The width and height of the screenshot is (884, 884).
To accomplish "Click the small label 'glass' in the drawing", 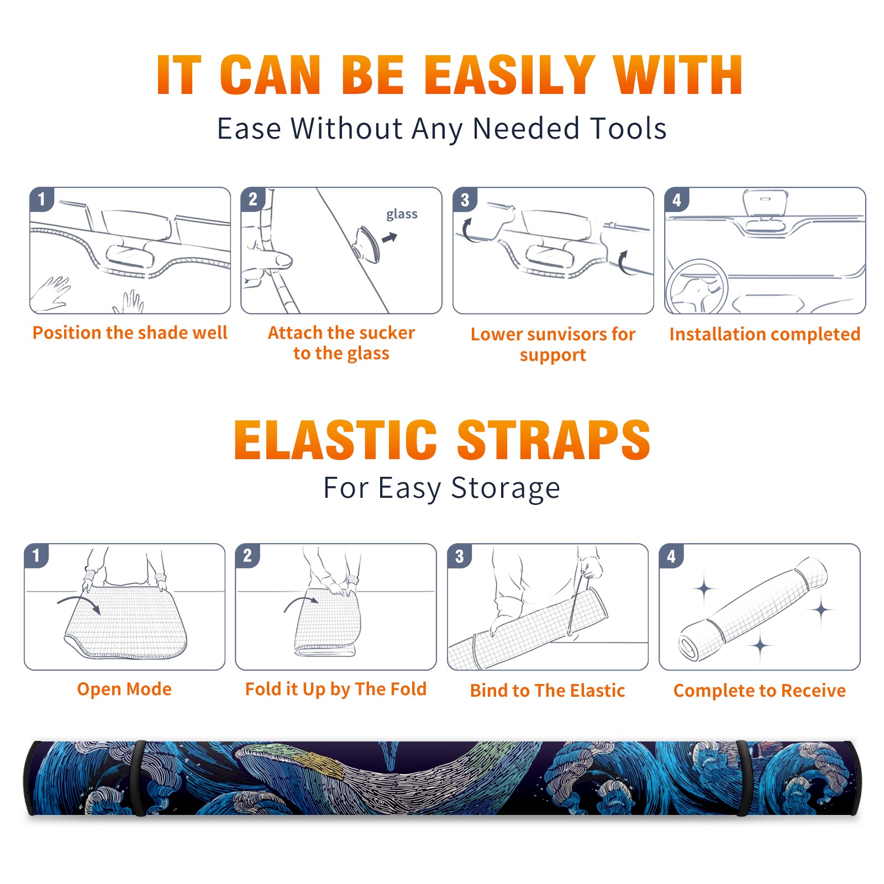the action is point(402,214).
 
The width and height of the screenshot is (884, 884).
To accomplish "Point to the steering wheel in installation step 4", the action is point(697,287).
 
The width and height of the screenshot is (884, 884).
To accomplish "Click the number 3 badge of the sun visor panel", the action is point(465,199).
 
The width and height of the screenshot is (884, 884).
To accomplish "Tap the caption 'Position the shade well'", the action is point(130,333).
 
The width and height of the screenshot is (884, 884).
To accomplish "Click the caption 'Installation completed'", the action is point(765,334).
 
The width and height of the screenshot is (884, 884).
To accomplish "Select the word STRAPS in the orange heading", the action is point(554,440).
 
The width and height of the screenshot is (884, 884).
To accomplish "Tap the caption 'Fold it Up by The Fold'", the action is point(336,689).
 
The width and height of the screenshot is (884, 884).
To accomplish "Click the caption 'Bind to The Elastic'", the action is point(548,691).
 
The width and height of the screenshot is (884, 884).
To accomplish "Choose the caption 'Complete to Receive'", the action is point(760,691).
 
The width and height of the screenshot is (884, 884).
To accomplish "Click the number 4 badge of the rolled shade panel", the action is point(671,556).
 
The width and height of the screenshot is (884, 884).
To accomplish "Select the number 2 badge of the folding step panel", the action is point(248,556).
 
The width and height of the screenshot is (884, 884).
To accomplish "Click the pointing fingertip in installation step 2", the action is point(284,260).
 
